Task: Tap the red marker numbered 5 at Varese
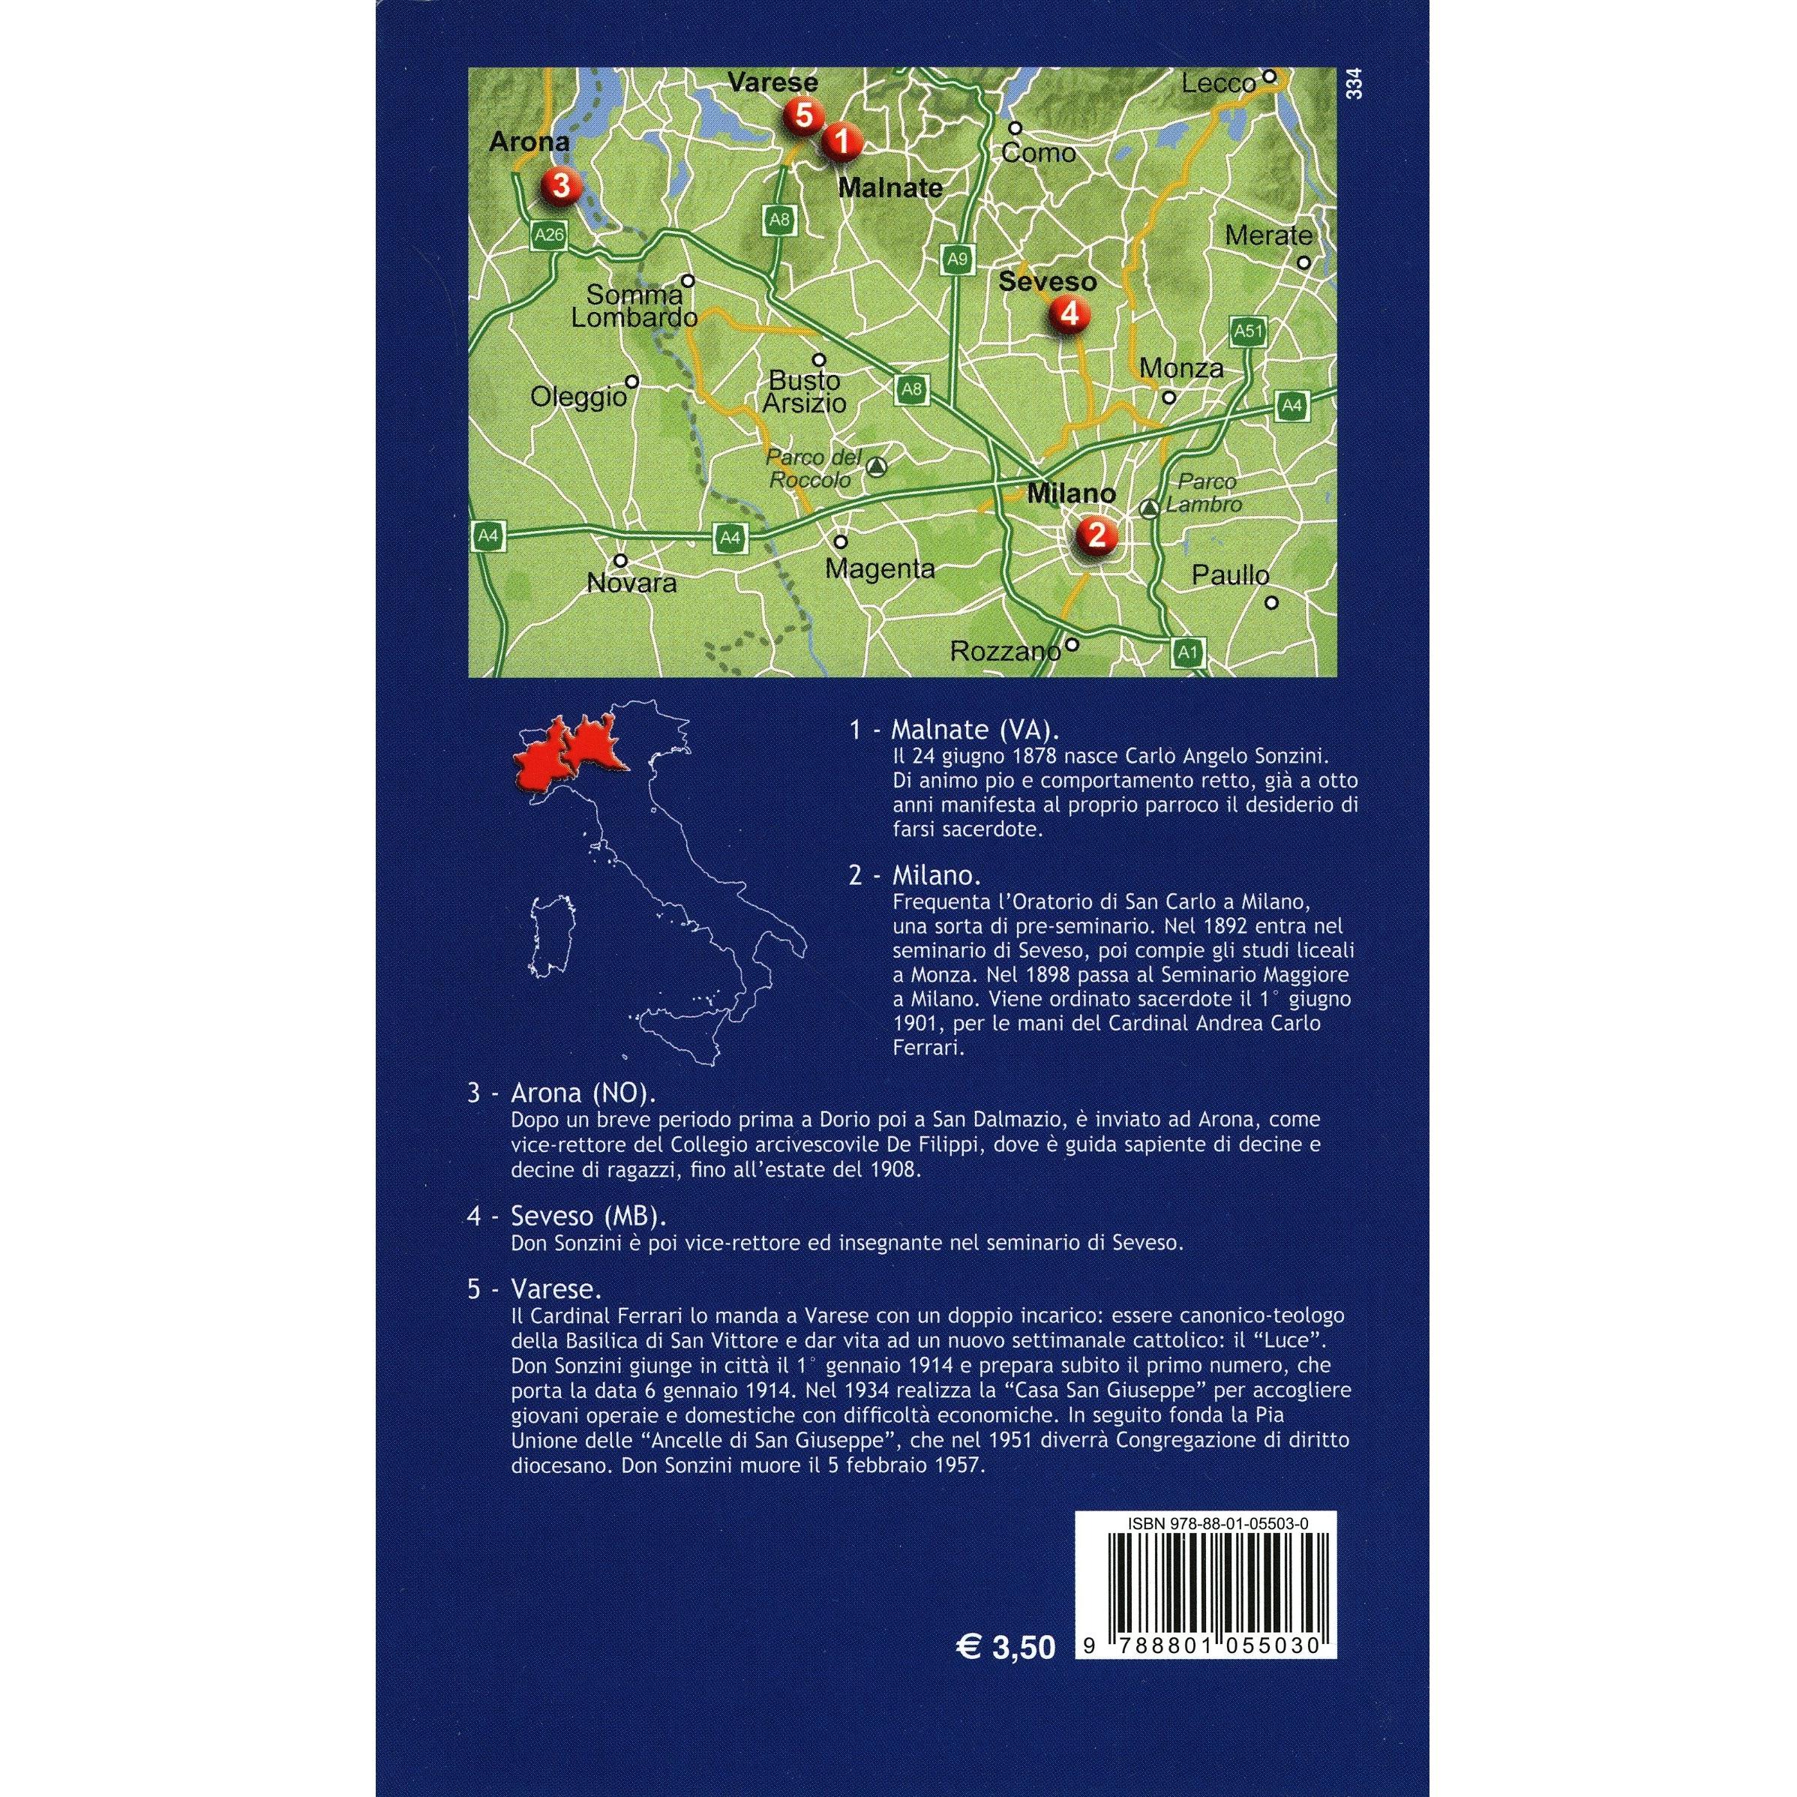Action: [804, 116]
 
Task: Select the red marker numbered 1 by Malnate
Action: [841, 142]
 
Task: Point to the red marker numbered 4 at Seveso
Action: [1069, 314]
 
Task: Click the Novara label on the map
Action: [631, 583]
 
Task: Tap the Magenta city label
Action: [880, 568]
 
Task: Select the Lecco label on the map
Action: [1219, 84]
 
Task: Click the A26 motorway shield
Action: [549, 235]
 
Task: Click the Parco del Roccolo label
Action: [809, 469]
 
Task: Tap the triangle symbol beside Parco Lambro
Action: [1150, 508]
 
